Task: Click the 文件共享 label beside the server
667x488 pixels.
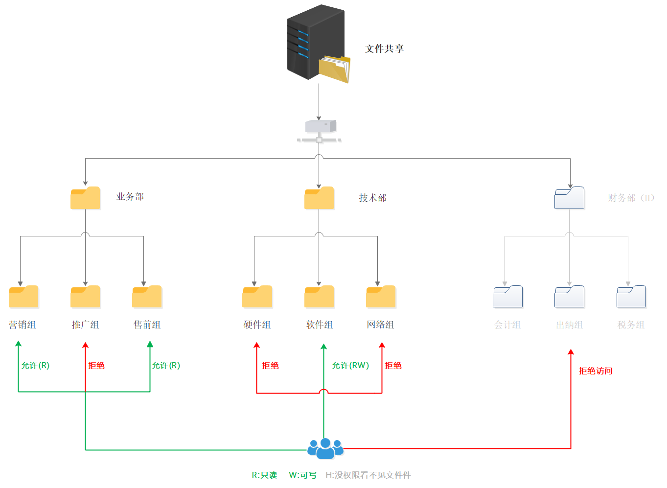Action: pos(385,48)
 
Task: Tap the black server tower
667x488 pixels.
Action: pos(316,42)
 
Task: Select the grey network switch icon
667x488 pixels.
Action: pos(319,131)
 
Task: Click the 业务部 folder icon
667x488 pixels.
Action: pos(85,198)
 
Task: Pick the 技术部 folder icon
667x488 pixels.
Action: pos(319,198)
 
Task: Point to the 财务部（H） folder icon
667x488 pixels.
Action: pos(569,198)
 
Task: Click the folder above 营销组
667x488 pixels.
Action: pos(23,297)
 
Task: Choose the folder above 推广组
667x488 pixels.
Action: pos(85,297)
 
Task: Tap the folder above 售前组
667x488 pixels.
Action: pos(147,297)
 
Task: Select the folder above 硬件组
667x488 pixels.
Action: pos(257,297)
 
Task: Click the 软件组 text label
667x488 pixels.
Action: pos(320,325)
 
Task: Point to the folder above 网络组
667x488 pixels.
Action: pos(381,297)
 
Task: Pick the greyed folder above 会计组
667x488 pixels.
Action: pos(507,297)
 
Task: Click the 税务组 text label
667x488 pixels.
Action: pos(631,325)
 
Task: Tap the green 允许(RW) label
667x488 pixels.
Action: pos(350,366)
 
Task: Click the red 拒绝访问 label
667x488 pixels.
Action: pos(596,371)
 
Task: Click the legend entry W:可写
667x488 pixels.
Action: pos(302,475)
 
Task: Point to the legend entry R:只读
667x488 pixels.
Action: pos(264,475)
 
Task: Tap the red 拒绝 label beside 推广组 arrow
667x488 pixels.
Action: pos(96,366)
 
